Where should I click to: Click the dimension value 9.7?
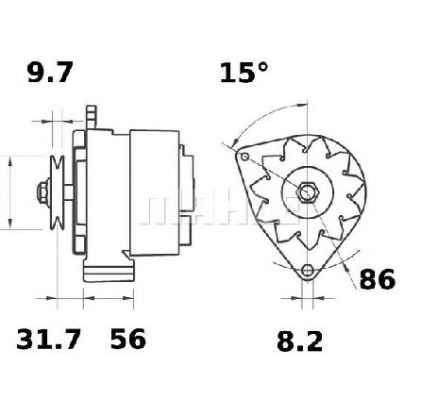[50, 73]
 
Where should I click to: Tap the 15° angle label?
[244, 73]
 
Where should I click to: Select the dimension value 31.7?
[48, 340]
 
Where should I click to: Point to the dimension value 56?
[128, 340]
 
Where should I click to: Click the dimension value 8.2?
[299, 341]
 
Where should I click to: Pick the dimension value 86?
[377, 279]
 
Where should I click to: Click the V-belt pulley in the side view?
[58, 192]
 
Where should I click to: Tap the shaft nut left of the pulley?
[43, 192]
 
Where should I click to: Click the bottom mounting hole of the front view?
[307, 271]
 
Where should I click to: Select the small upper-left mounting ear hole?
[244, 156]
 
